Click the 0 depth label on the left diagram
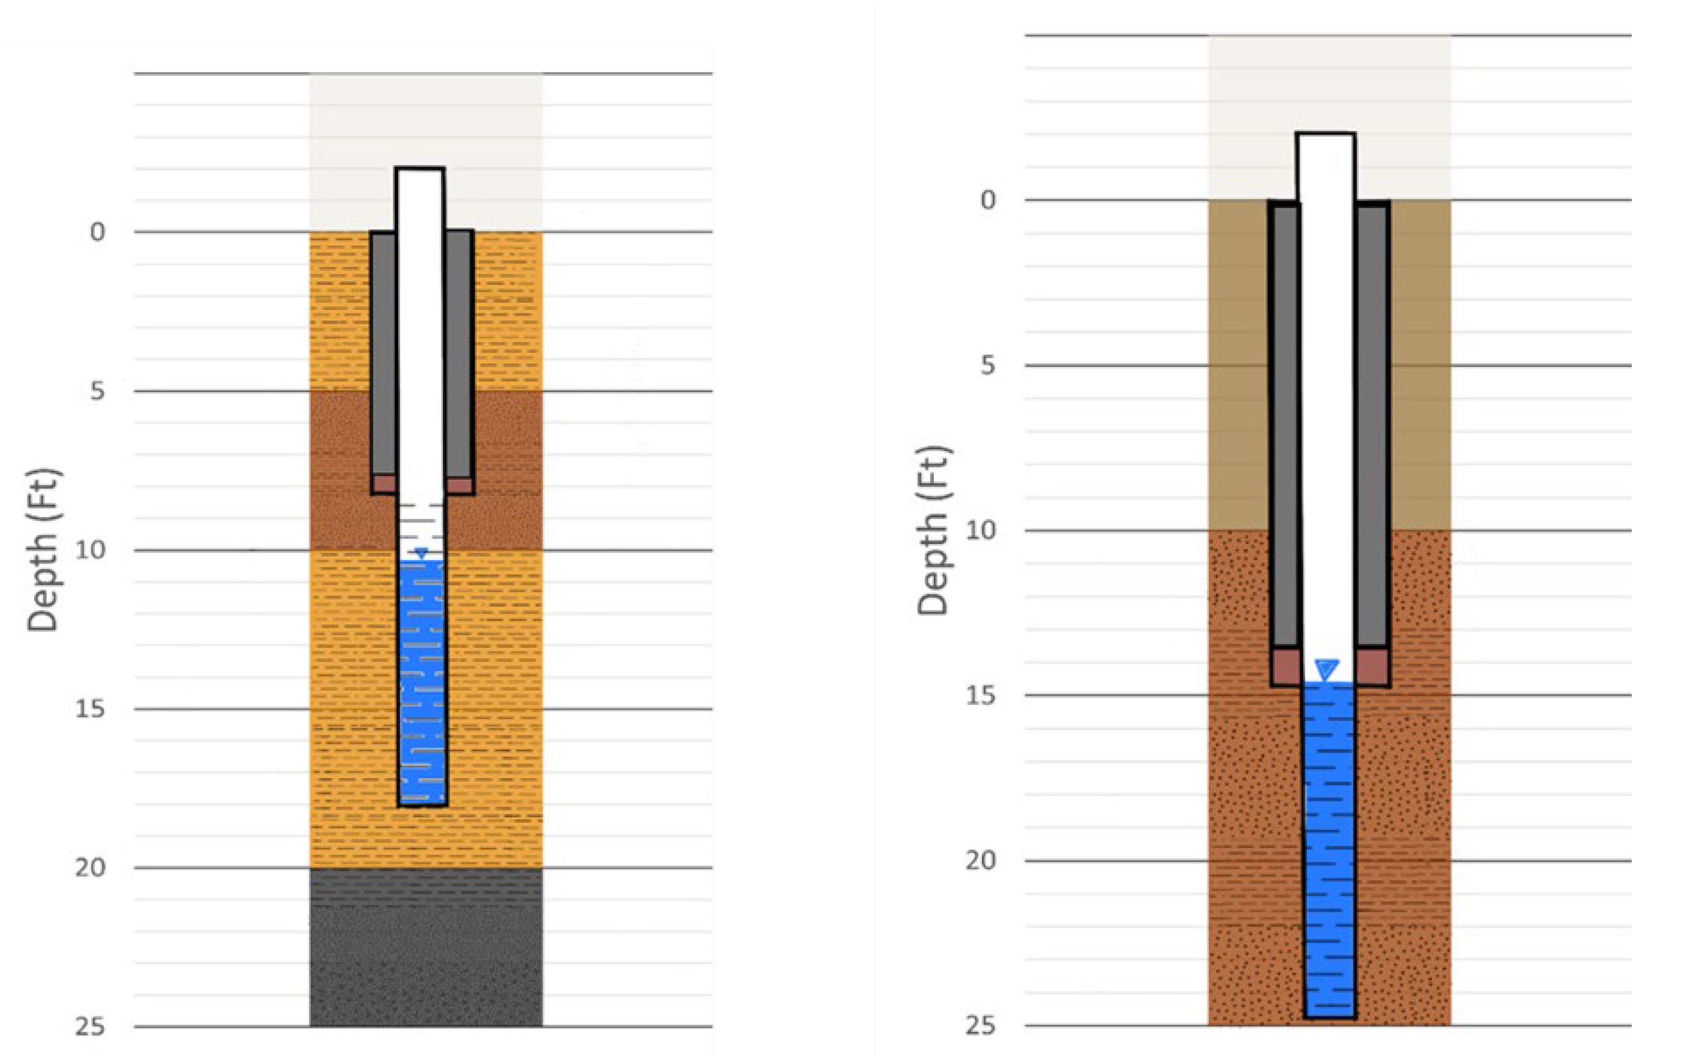coord(97,231)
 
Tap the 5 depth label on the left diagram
coord(97,391)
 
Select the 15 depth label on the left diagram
coord(90,709)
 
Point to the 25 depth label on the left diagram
coord(90,1027)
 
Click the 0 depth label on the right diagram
coord(988,200)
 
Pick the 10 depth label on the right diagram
coord(980,530)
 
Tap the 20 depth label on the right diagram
coord(980,861)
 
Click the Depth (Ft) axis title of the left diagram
coord(43,550)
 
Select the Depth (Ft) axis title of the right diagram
coord(934,530)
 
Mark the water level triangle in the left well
coord(420,553)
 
